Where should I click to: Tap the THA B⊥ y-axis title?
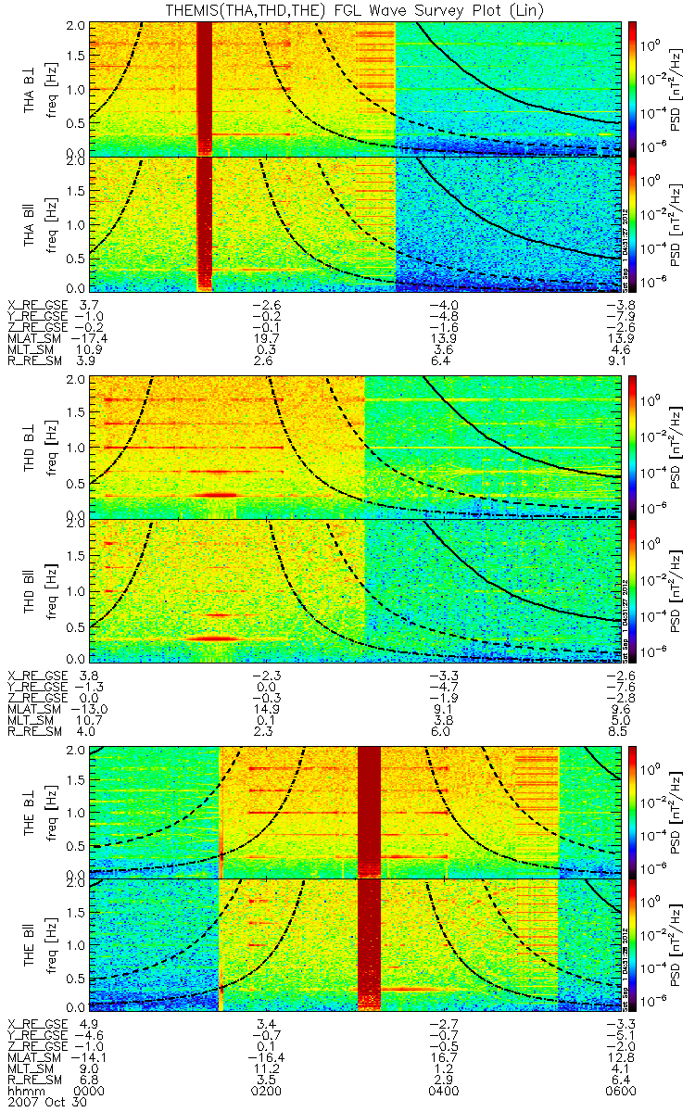(x=31, y=89)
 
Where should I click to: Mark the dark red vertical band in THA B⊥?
(x=205, y=88)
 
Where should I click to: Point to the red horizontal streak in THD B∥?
(x=214, y=638)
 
